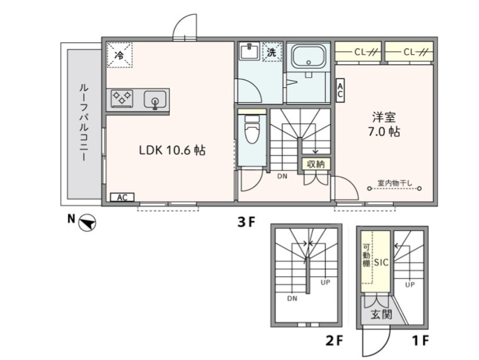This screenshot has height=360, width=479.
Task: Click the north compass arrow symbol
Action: [x=87, y=222]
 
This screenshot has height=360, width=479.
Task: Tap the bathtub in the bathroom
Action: [x=308, y=56]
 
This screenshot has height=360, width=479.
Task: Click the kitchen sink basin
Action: [x=155, y=100]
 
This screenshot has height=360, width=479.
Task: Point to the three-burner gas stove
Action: [x=122, y=98]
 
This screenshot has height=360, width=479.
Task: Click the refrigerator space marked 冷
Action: [x=119, y=55]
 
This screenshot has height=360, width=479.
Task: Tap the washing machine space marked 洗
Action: [x=272, y=52]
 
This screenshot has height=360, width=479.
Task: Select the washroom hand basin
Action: [x=249, y=52]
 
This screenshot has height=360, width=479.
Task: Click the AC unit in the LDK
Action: [x=122, y=197]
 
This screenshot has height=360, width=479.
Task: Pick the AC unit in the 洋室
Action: [x=340, y=91]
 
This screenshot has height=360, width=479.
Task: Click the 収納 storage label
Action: [x=316, y=164]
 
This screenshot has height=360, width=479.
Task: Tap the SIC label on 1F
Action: [x=381, y=262]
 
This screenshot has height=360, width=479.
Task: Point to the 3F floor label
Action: [x=246, y=222]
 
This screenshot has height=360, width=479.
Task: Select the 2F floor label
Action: [x=334, y=340]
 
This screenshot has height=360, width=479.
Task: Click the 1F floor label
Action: [x=421, y=340]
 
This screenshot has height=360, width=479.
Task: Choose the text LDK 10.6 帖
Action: [x=172, y=151]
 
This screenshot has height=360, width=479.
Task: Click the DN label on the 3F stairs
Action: [x=282, y=176]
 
